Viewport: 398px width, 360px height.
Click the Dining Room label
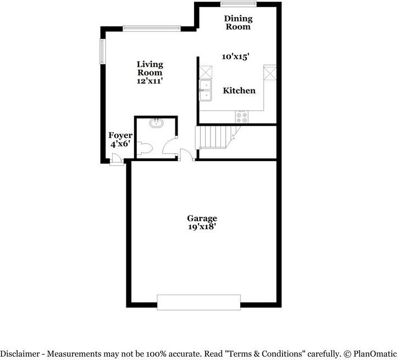click(237, 23)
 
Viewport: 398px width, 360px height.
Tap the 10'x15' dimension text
click(236, 57)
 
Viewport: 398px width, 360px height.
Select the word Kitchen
click(239, 91)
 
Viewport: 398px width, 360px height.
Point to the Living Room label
click(150, 68)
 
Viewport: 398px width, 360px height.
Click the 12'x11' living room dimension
click(150, 80)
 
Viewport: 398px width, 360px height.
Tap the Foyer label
click(119, 135)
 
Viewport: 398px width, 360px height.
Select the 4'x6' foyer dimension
click(119, 145)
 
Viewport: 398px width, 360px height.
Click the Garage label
click(202, 218)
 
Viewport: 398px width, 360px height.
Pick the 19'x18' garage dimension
click(202, 227)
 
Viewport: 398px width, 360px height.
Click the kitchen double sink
click(206, 91)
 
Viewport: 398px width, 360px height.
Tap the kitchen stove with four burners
click(241, 116)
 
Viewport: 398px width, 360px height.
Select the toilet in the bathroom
click(145, 148)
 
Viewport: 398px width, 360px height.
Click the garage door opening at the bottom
click(198, 302)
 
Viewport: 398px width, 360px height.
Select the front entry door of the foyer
click(116, 160)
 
